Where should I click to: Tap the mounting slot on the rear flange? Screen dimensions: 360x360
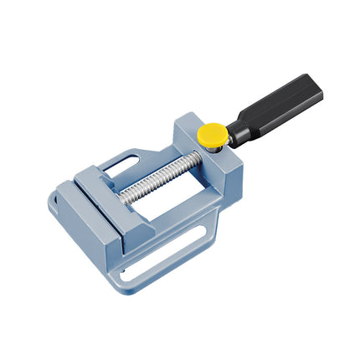(x=123, y=158)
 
